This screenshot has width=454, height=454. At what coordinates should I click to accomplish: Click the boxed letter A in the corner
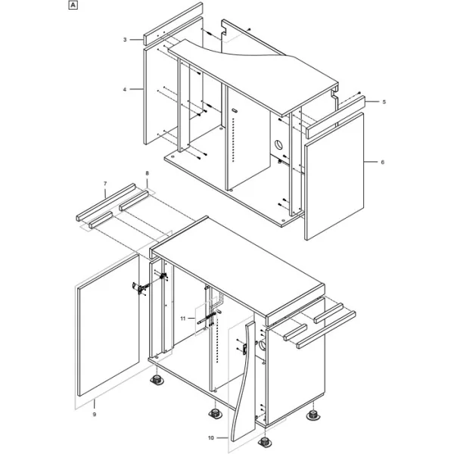73,5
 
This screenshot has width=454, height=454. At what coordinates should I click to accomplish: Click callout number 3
125,39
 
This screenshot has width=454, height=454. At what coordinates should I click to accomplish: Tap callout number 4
125,89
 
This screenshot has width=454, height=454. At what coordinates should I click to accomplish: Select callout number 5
384,102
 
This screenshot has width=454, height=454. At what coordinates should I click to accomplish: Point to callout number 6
382,163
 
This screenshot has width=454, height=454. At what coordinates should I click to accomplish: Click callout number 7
105,184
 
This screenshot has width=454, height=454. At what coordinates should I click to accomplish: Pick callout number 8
147,173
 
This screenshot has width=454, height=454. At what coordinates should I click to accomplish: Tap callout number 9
95,415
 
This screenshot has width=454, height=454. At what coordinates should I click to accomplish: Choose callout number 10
211,438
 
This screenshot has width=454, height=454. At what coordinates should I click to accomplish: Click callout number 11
182,319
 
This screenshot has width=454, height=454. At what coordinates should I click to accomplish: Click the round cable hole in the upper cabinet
278,144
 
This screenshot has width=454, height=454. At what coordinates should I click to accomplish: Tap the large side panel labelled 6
334,176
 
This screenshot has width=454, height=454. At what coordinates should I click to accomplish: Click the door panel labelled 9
108,325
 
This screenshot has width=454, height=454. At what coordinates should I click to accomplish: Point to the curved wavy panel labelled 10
244,382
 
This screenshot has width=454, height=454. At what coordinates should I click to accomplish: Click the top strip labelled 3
173,23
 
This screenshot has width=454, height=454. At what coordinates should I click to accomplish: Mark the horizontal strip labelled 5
336,117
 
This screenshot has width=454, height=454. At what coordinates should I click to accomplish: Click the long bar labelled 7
106,202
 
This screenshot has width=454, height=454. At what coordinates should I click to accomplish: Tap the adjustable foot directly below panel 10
264,443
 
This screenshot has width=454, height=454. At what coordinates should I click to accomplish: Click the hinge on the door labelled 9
140,288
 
